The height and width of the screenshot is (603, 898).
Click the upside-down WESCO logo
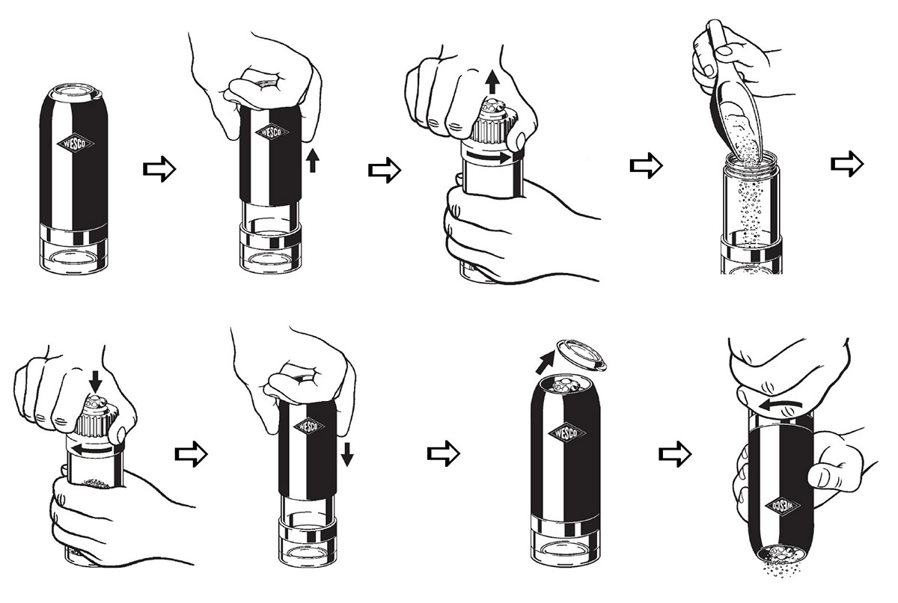[782, 505]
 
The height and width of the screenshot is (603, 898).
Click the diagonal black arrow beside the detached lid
[545, 362]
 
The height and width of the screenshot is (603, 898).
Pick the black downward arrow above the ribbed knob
[95, 382]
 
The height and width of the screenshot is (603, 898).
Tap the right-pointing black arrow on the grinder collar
[489, 156]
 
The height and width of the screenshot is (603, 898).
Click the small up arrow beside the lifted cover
[313, 160]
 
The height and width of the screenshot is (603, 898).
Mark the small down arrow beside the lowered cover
[347, 454]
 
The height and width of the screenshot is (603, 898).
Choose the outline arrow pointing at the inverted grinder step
[675, 454]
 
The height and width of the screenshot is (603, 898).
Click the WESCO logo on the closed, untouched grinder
[75, 144]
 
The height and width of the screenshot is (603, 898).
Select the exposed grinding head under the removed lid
[565, 385]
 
